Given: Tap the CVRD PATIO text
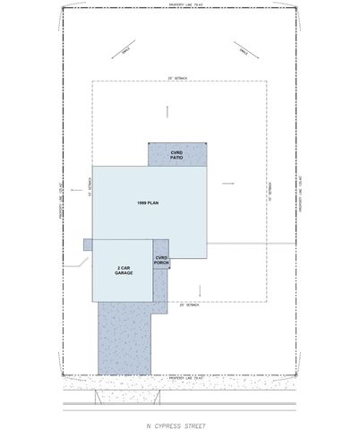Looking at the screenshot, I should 178,155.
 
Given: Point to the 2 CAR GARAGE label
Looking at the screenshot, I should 124,270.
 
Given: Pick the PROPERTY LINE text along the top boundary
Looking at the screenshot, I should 180,5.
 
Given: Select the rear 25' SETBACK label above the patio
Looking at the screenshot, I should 180,80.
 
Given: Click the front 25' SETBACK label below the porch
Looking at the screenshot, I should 186,305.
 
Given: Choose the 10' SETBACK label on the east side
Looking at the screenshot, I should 270,191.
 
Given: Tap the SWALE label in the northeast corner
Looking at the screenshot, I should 243,54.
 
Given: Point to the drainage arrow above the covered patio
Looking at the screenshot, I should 167,112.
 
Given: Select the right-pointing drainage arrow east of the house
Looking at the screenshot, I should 227,184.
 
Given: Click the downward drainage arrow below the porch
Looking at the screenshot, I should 199,291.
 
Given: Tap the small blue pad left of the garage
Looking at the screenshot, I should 88,244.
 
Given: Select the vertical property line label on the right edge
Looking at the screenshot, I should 302,193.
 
